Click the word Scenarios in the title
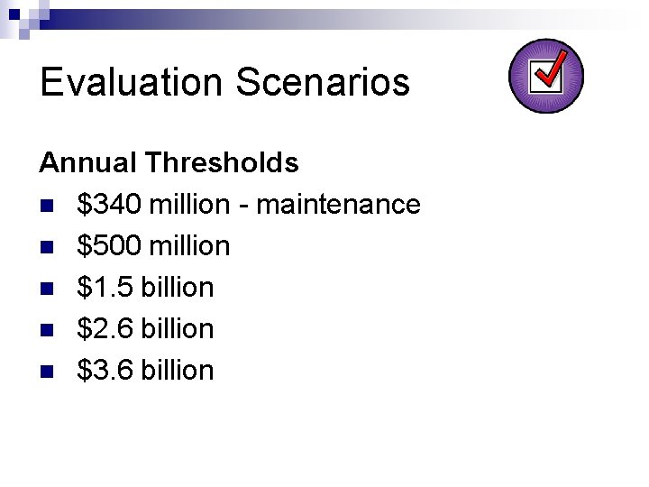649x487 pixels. coord(323,82)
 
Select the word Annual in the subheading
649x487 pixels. coord(88,163)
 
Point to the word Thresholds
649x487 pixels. coord(222,163)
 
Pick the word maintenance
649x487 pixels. coord(339,205)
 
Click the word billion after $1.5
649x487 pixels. coord(178,288)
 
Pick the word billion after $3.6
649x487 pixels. coord(178,371)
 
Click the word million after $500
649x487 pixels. coord(190,246)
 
